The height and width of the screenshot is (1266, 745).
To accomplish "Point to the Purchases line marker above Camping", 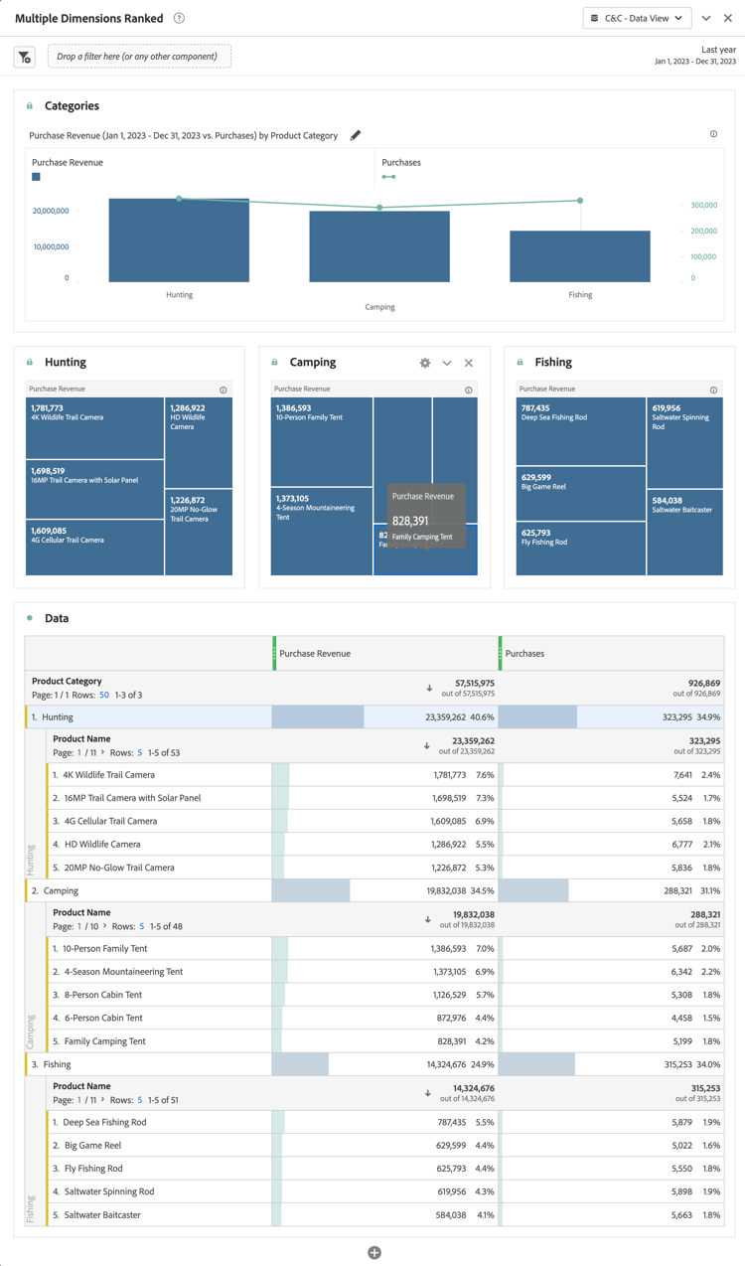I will tap(379, 208).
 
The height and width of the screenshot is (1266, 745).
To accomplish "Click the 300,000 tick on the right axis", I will tap(703, 205).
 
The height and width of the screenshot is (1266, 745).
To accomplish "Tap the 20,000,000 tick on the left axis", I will tap(51, 211).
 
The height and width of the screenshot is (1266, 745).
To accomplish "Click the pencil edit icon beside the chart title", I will tap(356, 135).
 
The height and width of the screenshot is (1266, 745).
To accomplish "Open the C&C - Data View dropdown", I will tap(637, 18).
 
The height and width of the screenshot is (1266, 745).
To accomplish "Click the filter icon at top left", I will tap(25, 58).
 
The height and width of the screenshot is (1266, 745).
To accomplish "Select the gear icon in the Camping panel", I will tap(425, 363).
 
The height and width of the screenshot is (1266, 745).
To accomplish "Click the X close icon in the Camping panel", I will tap(469, 363).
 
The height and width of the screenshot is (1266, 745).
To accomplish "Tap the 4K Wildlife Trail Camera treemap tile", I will tap(94, 428).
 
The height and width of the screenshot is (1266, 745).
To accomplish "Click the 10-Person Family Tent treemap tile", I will tap(322, 441).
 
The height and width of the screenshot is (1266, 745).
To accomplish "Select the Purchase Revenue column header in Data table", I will tap(315, 654).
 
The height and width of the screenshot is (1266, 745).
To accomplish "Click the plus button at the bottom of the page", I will tap(374, 1252).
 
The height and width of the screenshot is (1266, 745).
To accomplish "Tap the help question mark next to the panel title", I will tap(179, 18).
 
